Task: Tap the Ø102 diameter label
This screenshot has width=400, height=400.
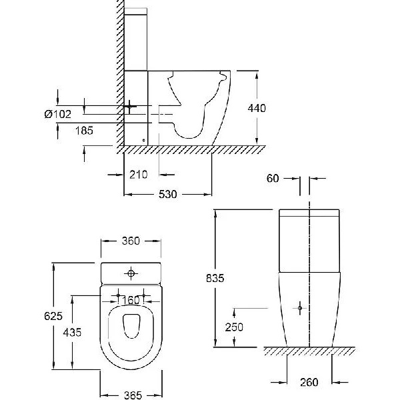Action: (57, 114)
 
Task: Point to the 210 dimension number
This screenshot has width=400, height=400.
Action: (138, 175)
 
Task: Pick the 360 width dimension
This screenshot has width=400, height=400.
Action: (131, 241)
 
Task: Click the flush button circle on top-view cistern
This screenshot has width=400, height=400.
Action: (131, 273)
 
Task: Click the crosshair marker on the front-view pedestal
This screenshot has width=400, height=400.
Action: (301, 308)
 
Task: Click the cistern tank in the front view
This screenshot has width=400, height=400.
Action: (310, 240)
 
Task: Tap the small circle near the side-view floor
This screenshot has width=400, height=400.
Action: (144, 140)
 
